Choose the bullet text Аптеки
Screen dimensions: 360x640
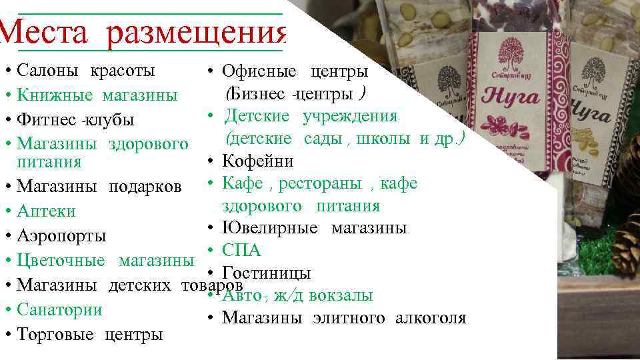[46, 211]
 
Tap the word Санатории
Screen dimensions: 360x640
[59, 309]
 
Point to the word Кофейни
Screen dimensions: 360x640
[257, 161]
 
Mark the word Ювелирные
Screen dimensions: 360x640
[269, 228]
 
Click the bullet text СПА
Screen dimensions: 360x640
[241, 251]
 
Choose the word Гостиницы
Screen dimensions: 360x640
[266, 273]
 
